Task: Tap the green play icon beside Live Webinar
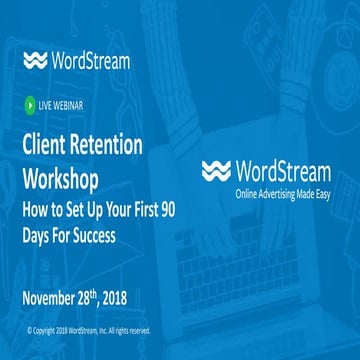tap(31, 102)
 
